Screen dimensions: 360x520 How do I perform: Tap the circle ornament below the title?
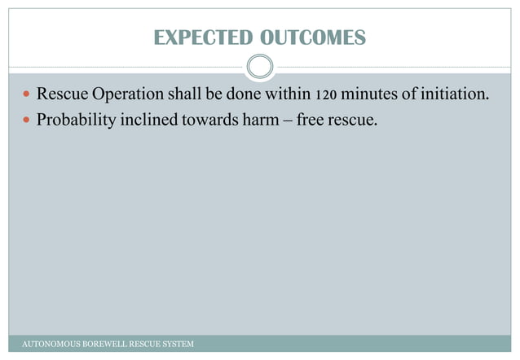[x=259, y=68]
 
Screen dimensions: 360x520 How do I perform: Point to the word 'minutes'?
[x=370, y=95]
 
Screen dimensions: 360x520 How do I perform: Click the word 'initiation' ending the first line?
[x=456, y=95]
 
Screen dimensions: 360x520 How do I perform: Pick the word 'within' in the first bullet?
[x=285, y=95]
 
